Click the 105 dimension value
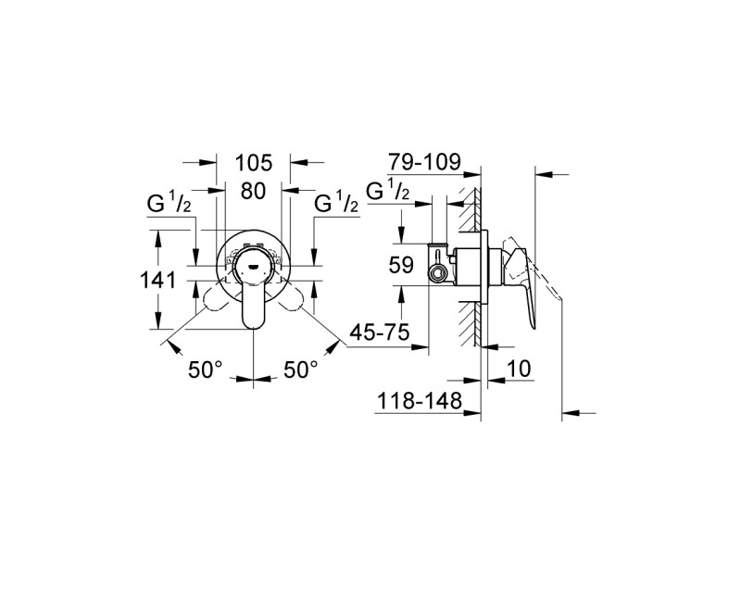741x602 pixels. [x=254, y=163]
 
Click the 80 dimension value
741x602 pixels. [x=253, y=192]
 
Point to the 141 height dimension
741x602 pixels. [x=157, y=281]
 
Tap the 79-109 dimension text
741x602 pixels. [x=424, y=162]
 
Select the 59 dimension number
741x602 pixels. [x=401, y=265]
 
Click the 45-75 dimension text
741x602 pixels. [x=380, y=332]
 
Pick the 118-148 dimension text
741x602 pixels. [x=419, y=402]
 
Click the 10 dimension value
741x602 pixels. [x=519, y=369]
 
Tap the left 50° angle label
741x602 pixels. [x=205, y=369]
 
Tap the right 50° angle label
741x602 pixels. [x=300, y=369]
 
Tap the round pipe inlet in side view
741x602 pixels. [x=437, y=272]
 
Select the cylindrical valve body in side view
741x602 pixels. [x=468, y=266]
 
